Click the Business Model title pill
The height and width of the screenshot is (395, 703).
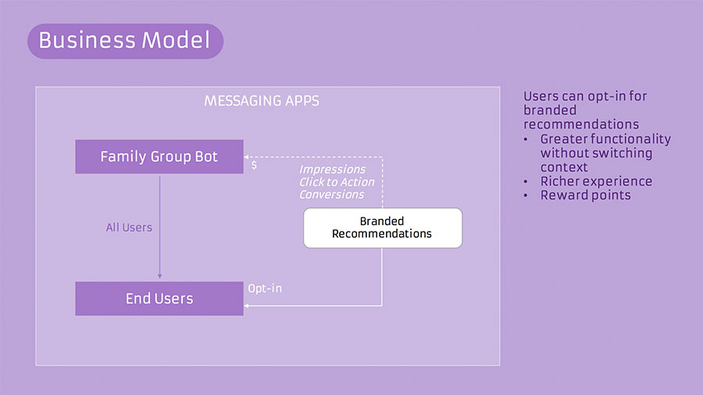click(x=126, y=41)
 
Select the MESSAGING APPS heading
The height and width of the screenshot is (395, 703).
click(x=262, y=101)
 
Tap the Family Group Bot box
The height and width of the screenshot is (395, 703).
click(x=159, y=156)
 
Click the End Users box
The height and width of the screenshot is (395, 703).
click(x=159, y=299)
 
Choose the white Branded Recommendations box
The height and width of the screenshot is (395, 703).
click(x=383, y=228)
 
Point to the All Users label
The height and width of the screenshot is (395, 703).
click(x=129, y=228)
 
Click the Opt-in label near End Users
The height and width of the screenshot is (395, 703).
click(x=265, y=289)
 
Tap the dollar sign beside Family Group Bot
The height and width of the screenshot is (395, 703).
click(x=254, y=165)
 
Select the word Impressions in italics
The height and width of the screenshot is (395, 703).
click(x=333, y=170)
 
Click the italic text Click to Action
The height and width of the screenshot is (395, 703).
click(x=337, y=181)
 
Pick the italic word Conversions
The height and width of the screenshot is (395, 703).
click(x=332, y=194)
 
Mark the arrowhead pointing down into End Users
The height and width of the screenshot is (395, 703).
click(x=159, y=276)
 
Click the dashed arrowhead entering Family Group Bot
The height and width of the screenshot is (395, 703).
click(x=247, y=157)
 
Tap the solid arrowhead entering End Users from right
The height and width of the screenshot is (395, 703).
click(x=247, y=306)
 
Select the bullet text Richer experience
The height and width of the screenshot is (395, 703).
click(x=596, y=181)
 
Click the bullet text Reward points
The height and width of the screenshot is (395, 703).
click(x=586, y=196)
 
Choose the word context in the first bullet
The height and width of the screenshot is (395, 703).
click(x=564, y=167)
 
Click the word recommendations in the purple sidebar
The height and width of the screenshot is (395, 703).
click(x=581, y=124)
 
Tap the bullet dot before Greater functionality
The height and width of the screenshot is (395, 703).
click(x=526, y=139)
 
